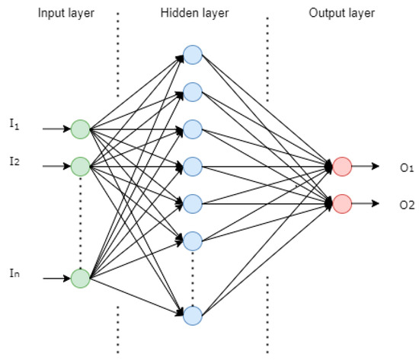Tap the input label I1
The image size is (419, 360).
[13, 123]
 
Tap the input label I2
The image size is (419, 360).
[13, 161]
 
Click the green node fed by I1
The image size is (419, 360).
[80, 129]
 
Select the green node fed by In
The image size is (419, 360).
[80, 279]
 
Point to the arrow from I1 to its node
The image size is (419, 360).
[55, 129]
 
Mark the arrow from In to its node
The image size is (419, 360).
[55, 279]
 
